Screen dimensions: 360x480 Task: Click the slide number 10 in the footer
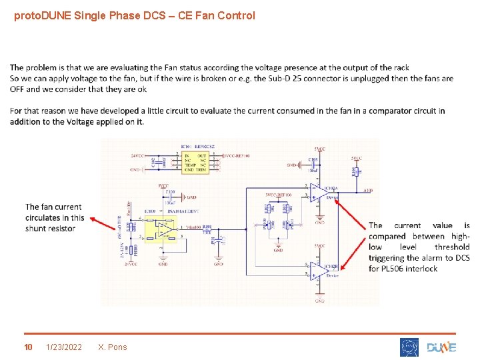pos(28,347)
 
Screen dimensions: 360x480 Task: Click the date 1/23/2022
pos(64,347)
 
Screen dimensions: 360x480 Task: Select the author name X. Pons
pos(112,347)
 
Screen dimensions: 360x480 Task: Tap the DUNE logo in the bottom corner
pos(441,347)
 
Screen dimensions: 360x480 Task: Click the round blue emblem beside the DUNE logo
pos(409,347)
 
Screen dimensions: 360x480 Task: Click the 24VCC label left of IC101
pos(138,156)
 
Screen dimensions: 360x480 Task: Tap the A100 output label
pos(369,191)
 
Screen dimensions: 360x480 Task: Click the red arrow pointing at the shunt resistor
pos(103,223)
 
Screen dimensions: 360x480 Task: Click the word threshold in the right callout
pos(452,247)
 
